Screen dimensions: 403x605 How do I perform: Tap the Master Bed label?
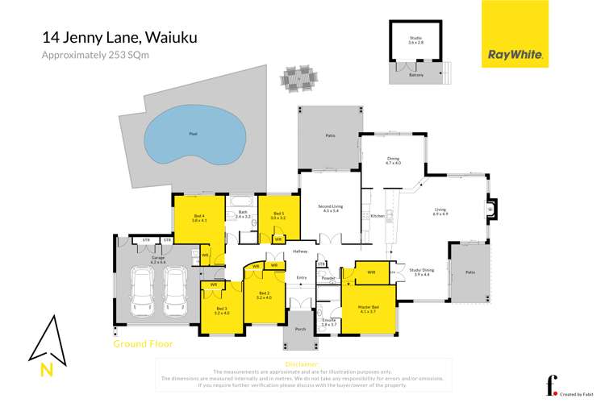[x=368, y=308]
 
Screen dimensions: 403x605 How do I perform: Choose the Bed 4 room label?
[x=200, y=218]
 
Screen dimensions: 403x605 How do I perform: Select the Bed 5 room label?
[x=278, y=215]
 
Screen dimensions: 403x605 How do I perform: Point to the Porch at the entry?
[x=300, y=329]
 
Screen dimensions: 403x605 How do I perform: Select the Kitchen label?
[x=375, y=216]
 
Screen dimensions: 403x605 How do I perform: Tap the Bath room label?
[x=243, y=214]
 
